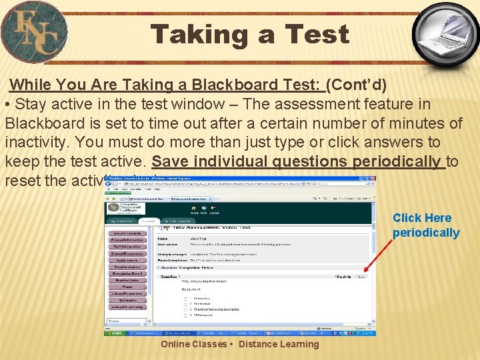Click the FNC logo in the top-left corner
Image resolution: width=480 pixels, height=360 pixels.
35,32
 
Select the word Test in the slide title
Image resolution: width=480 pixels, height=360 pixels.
317,34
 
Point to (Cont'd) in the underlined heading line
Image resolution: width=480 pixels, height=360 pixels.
358,85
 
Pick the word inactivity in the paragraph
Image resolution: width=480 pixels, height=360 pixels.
39,143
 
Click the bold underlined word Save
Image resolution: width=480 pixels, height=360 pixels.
169,161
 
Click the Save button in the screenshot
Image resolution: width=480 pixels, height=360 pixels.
361,277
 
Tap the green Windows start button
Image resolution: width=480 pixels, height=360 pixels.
115,332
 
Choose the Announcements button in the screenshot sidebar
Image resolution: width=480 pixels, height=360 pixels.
127,233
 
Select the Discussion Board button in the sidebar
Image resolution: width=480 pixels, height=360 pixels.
127,273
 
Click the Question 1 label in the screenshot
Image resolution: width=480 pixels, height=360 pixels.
169,277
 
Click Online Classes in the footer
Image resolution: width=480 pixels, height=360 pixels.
193,344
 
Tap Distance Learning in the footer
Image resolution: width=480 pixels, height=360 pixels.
279,344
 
